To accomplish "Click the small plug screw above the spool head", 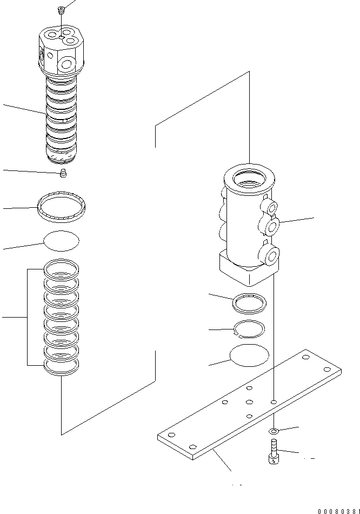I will point(61,9).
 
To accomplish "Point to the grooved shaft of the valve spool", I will point(61,119).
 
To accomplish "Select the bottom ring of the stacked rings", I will point(61,368).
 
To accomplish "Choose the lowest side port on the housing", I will point(270,255).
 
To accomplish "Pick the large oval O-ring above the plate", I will point(249,355).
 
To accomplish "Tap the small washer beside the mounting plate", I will point(275,431).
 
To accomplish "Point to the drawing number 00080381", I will point(338,510).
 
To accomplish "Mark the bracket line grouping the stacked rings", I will point(27,317).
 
